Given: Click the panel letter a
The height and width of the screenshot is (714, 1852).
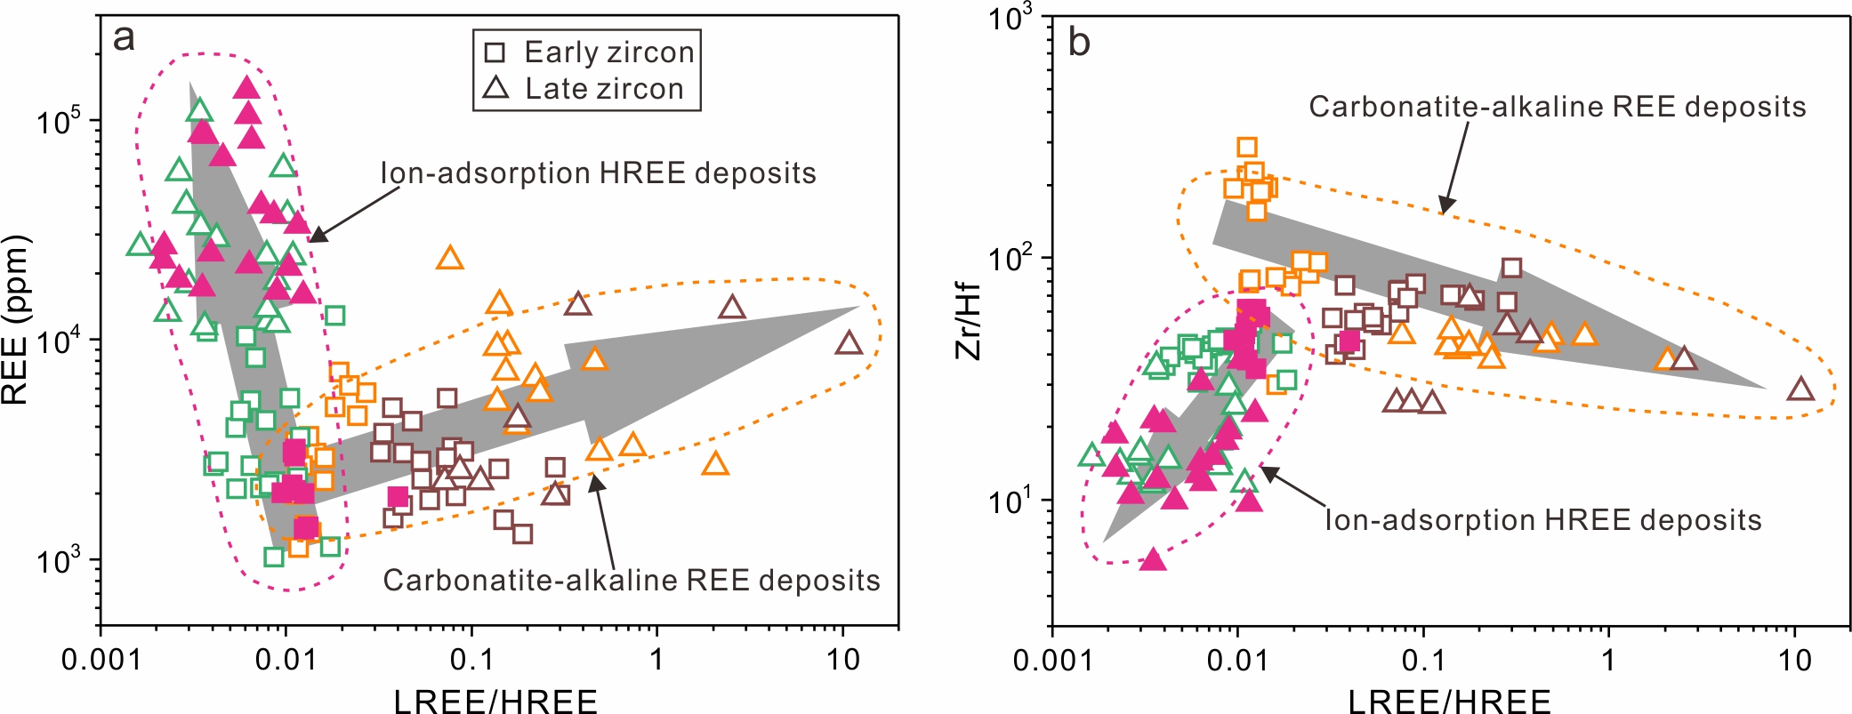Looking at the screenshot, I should coord(125,38).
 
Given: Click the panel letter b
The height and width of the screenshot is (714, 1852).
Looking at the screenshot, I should coord(1078,42).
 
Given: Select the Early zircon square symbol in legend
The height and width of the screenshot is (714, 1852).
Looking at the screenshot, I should coord(495,52).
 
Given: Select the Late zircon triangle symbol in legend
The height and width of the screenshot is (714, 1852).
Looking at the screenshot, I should coord(495,88).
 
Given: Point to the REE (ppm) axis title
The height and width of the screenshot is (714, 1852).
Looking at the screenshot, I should coord(16,320).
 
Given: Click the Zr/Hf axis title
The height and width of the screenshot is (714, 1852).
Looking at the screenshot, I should coord(968,321).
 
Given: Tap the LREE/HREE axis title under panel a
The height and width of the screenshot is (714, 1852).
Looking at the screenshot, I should coord(495,702).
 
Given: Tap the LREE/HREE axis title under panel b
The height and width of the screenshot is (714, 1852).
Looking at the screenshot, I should coord(1449,702).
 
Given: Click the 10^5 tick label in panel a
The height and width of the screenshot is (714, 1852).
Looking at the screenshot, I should coord(59,121).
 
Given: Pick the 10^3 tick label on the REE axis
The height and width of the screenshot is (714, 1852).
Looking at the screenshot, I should coord(59,560).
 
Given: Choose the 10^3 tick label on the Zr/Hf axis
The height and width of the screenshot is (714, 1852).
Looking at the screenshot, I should coord(1011,18).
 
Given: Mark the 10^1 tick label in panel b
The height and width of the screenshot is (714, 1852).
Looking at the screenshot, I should coord(1011,501).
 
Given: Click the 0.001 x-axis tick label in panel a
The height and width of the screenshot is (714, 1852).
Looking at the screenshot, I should coord(100,660).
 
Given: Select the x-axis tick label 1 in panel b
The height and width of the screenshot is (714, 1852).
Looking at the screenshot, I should coord(1608,660).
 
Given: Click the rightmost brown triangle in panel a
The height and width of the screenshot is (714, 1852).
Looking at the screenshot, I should coord(850,343).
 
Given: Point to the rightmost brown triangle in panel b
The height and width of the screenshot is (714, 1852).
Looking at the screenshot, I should coord(1800,389).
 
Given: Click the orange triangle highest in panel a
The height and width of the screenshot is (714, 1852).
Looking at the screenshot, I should coord(450,259).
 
